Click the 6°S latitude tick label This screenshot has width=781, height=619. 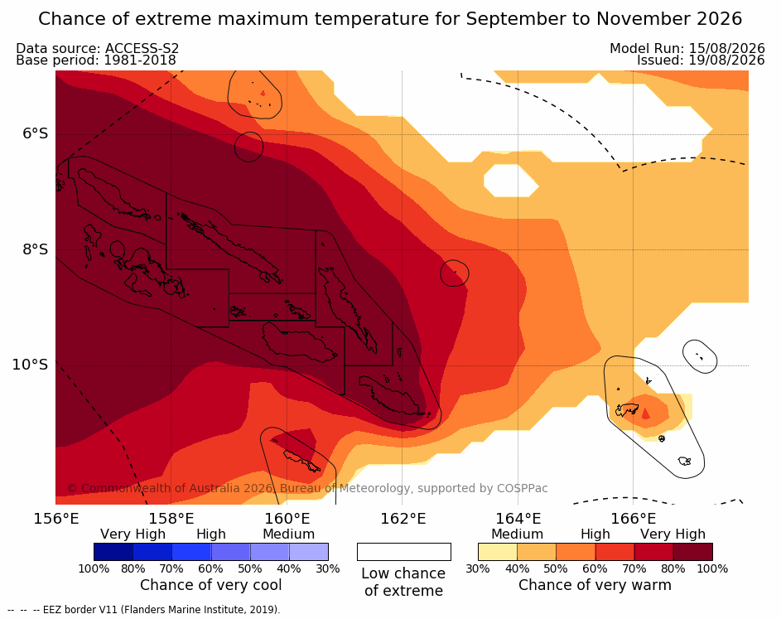click(35, 133)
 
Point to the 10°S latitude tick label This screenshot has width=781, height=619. click(31, 365)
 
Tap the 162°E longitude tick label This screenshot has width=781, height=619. click(403, 519)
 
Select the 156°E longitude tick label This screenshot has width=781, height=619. click(56, 519)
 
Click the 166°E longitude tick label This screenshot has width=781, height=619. click(633, 519)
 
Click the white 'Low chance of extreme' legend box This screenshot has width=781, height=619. click(404, 552)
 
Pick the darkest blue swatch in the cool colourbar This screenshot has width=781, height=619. click(113, 552)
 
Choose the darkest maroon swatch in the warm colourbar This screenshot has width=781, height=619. click(693, 552)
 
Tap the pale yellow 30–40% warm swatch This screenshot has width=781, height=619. click(498, 552)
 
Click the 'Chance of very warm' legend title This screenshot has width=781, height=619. click(595, 585)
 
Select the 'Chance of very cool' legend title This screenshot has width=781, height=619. click(210, 585)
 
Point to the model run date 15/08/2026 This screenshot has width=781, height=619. click(726, 48)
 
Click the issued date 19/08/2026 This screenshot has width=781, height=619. click(726, 60)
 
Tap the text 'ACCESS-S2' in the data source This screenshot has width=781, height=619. click(142, 48)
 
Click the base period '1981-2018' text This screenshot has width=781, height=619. click(140, 60)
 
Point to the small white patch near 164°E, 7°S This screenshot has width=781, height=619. click(511, 181)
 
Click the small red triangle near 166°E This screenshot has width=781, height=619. click(645, 413)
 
